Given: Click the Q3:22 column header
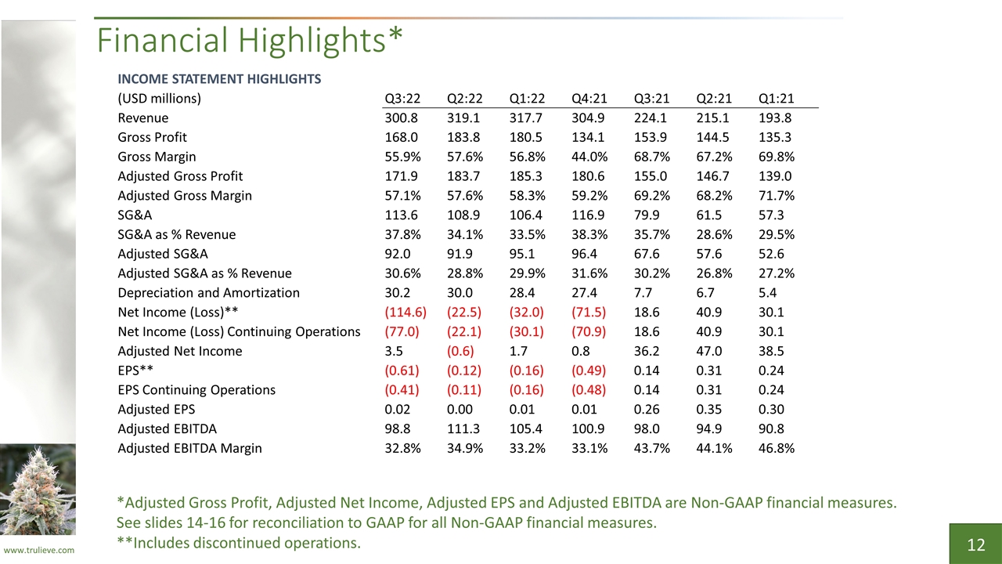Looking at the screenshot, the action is tap(402, 98).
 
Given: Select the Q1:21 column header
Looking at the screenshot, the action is tap(776, 98).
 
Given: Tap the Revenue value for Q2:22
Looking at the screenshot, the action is tap(463, 117).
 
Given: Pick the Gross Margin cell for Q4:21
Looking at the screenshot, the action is tap(589, 157).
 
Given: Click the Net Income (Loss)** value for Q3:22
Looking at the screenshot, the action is tap(405, 312).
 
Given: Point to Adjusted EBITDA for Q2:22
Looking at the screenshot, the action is tap(463, 428).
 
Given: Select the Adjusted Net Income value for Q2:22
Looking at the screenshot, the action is tap(460, 351).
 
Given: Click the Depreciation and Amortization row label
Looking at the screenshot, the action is tap(208, 293).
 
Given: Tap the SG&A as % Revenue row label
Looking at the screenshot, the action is tap(176, 234).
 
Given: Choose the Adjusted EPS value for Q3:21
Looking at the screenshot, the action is tap(647, 409).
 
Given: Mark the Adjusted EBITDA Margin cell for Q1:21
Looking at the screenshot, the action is tap(776, 448).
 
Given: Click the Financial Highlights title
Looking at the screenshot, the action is tap(250, 40).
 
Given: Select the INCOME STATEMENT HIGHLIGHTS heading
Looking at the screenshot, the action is tap(219, 79).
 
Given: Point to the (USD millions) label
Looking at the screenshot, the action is tap(159, 99).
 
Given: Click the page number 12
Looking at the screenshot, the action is tap(975, 544).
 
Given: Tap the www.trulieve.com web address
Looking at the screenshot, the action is tap(39, 550).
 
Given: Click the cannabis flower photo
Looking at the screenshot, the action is tap(38, 490).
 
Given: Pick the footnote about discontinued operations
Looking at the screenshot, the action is tap(239, 543).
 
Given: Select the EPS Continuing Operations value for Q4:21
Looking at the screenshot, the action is tap(589, 390).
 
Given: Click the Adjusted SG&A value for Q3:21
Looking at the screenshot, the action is tap(647, 254).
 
